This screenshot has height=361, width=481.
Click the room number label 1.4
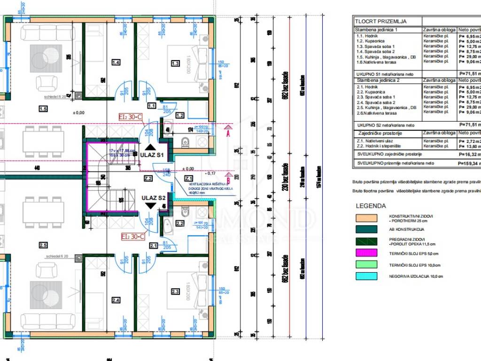pos(116,62)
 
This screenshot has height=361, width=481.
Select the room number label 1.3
pos(175,63)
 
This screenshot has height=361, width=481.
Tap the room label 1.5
pos(44,109)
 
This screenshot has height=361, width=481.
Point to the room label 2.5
pos(43,245)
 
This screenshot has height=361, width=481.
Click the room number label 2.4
pos(116,300)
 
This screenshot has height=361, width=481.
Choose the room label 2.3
pos(175,292)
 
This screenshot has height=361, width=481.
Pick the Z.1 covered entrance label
pos(189,178)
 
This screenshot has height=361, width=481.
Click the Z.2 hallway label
pos(147,179)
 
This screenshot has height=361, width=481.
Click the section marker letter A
pos(228,133)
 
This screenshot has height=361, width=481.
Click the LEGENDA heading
pos(371,206)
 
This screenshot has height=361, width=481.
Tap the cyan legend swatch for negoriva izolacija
pos(366,276)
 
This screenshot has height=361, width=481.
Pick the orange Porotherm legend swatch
pos(366,218)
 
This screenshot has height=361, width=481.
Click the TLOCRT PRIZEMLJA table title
pos(380,21)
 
